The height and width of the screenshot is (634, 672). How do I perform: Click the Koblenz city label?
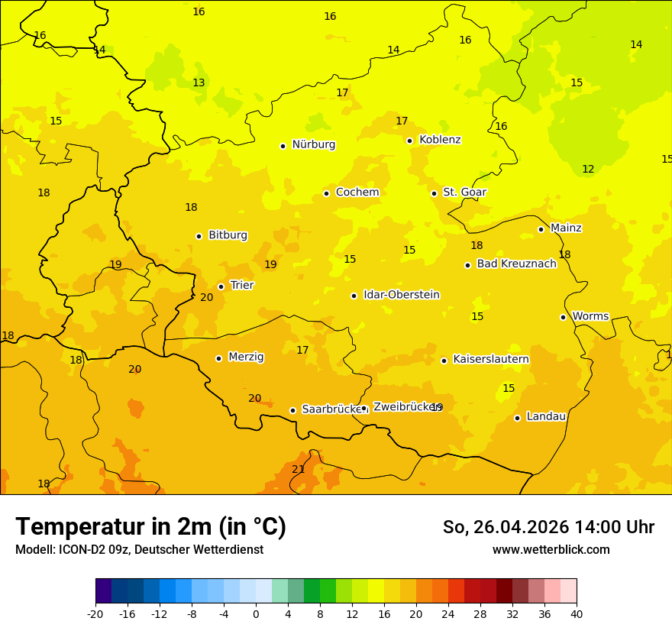pos(440,140)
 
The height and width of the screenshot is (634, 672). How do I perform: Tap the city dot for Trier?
pos(221,286)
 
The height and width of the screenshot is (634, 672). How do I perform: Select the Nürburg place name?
pos(313,144)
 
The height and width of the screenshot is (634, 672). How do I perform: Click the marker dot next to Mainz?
pos(541,229)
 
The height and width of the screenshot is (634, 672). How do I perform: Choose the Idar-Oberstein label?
pos(401,295)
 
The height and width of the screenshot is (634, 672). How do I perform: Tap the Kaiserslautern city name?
pos(490,359)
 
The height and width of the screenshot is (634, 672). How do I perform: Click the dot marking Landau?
pos(517,418)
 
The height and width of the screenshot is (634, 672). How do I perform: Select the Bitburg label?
pos(228,235)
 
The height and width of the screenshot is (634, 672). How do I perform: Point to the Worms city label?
pos(590,316)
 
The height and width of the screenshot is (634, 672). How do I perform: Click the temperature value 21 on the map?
pos(298,469)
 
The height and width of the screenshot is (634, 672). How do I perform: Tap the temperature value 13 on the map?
pos(199,82)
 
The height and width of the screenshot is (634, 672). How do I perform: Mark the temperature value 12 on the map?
pos(588,169)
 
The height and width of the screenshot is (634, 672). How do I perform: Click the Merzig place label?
pos(246,357)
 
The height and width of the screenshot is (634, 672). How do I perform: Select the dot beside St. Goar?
pos(434,193)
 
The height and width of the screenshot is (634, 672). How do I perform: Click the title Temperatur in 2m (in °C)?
pos(150,527)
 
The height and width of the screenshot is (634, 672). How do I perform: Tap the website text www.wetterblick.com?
pos(551,549)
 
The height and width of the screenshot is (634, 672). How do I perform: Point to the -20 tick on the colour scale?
pos(95,613)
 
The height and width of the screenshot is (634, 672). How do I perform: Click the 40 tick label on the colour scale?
pos(577,613)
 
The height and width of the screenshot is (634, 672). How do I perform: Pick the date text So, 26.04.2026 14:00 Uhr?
pos(548,527)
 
